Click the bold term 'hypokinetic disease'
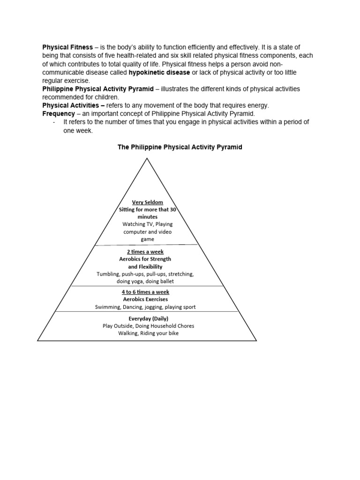(163, 73)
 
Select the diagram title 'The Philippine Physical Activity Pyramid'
(180, 147)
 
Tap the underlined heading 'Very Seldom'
(148, 202)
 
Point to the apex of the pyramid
(147, 158)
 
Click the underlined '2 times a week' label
(145, 252)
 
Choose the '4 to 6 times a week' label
(145, 292)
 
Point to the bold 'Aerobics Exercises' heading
(145, 299)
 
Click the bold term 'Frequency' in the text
(59, 113)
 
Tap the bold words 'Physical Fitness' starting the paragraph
(67, 48)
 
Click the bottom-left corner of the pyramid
(38, 341)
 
